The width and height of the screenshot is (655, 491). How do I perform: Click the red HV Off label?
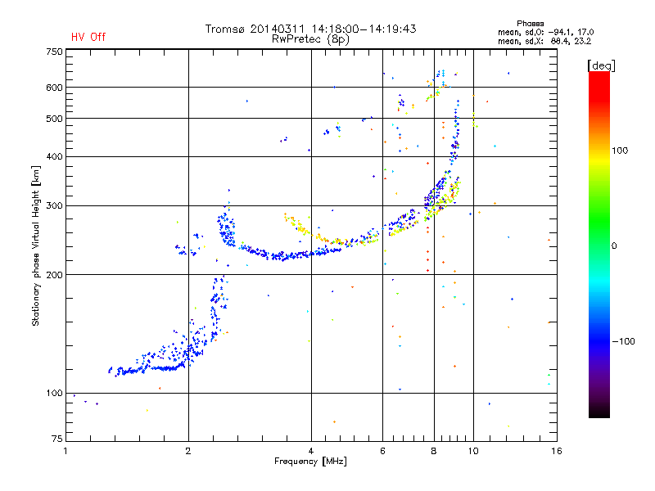click(88, 37)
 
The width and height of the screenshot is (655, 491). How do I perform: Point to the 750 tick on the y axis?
click(54, 52)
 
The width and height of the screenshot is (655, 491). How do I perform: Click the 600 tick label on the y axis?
click(54, 87)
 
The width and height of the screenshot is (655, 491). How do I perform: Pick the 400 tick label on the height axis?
click(54, 156)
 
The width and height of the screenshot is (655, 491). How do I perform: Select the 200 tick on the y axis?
click(54, 274)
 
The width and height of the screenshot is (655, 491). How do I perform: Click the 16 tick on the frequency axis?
click(555, 451)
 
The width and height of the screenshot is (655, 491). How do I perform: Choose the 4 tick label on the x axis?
click(311, 451)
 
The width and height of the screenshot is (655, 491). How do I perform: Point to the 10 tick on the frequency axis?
click(472, 451)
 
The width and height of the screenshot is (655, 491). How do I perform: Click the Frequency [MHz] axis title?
click(310, 462)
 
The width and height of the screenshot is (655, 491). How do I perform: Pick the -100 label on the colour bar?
click(624, 341)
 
